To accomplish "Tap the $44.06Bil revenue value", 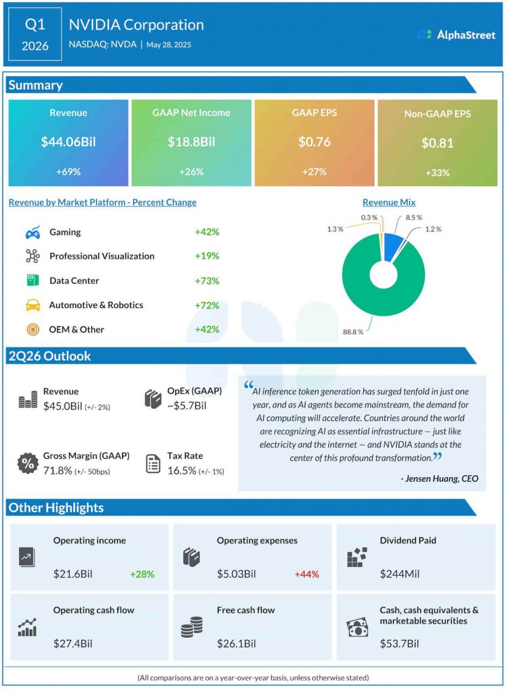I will coord(68,143).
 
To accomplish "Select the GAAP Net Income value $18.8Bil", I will coord(191,143).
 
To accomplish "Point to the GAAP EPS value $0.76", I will coord(315,143).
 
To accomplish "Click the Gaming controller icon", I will coord(32,232).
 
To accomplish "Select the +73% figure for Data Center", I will coord(207,281).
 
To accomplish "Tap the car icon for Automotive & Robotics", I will coord(32,305).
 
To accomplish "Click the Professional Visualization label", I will coord(101,257).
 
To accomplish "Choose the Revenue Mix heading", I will coord(389,202).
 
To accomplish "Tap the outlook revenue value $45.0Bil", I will coord(62,405).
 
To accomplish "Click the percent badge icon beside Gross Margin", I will coord(27,464).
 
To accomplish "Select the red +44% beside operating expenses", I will coord(306,574).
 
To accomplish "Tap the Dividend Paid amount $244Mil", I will coord(400,574).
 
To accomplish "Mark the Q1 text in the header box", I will coord(35,24).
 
